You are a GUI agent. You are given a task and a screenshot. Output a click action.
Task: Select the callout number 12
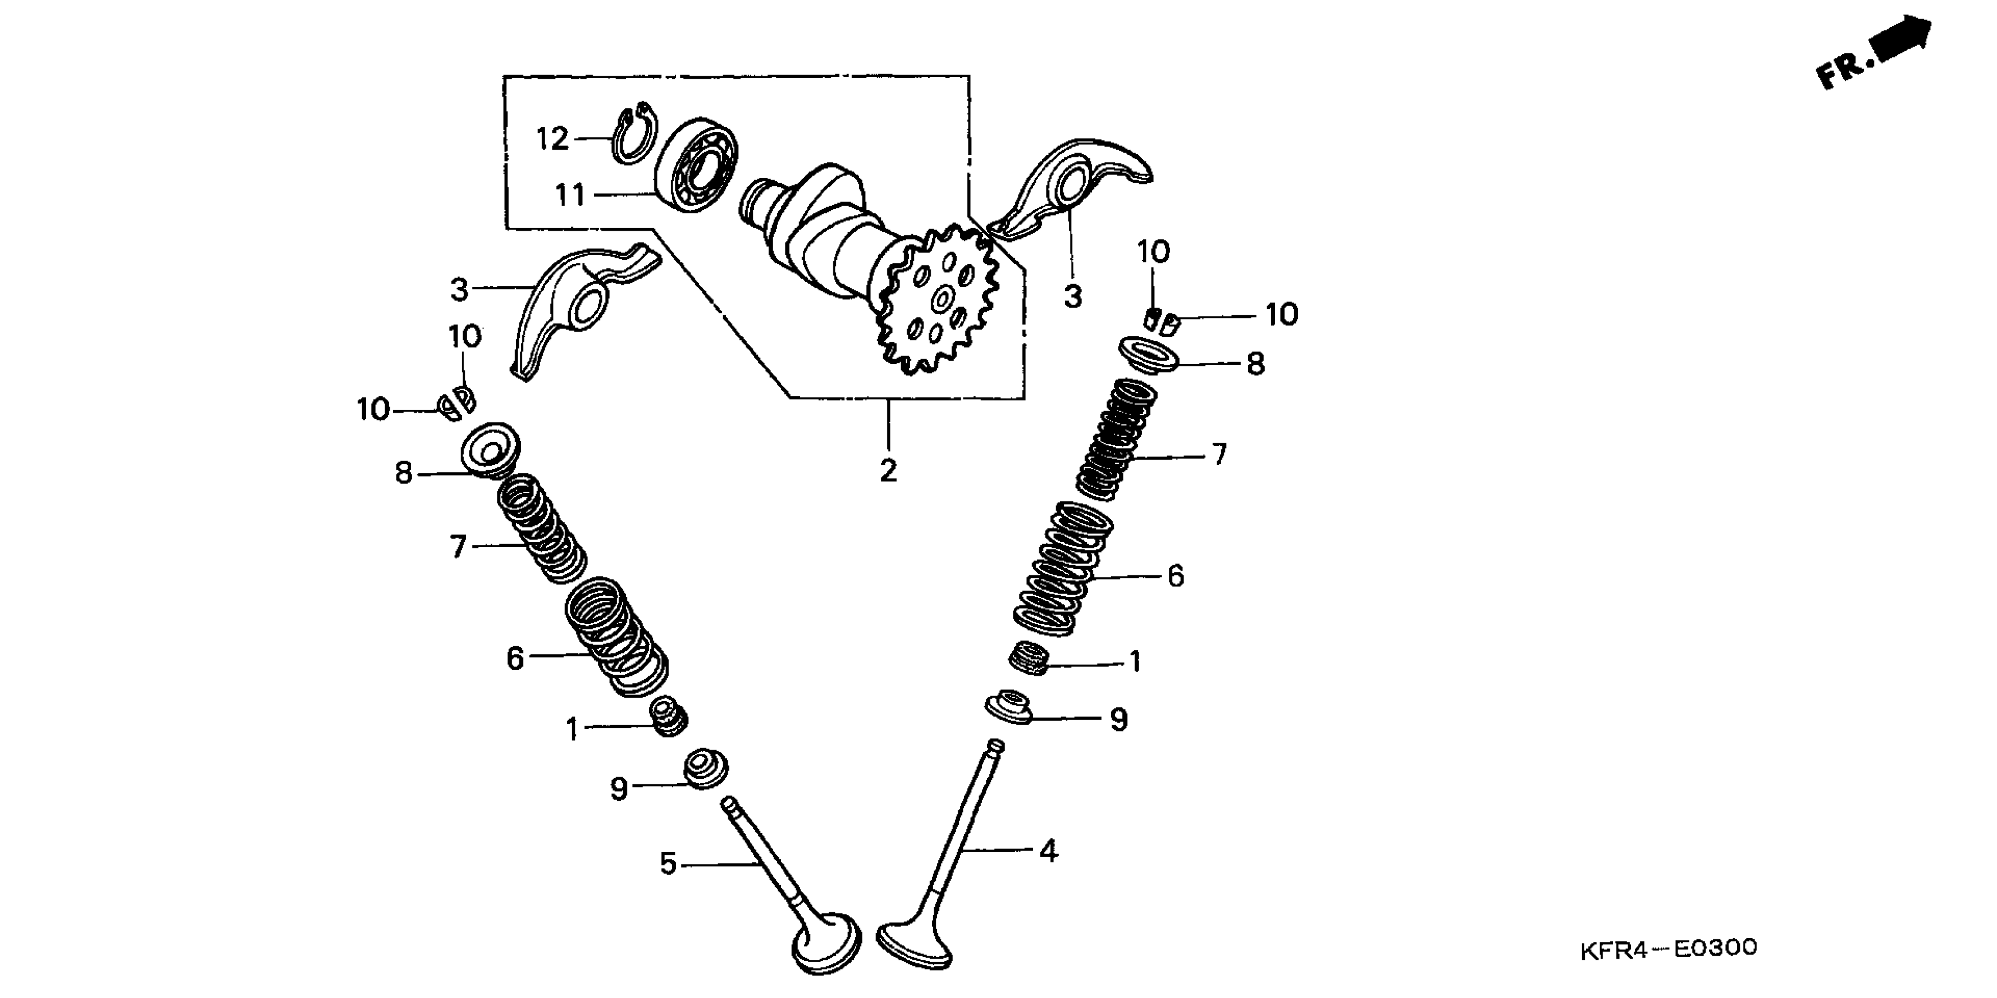[553, 140]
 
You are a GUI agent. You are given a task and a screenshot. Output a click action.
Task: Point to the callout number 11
[570, 195]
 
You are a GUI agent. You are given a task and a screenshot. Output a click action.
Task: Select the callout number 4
[1048, 851]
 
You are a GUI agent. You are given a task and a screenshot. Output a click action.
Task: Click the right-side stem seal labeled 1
[1029, 659]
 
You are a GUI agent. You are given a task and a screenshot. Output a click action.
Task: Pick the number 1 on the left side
[572, 730]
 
